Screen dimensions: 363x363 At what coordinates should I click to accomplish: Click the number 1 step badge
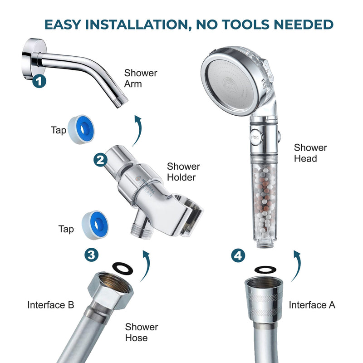tap(40, 82)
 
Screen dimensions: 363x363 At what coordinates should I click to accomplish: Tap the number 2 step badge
tap(100, 159)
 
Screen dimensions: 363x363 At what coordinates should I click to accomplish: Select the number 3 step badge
tap(91, 254)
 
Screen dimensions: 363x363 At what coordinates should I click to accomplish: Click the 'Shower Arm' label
tap(141, 78)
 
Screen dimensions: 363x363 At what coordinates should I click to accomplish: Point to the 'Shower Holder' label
tap(183, 172)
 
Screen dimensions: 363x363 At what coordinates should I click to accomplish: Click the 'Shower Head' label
tap(310, 153)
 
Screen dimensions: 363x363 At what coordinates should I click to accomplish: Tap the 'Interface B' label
tap(51, 305)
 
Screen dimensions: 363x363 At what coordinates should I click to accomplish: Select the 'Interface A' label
tap(312, 305)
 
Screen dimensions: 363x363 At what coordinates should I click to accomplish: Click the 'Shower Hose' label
tap(142, 332)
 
